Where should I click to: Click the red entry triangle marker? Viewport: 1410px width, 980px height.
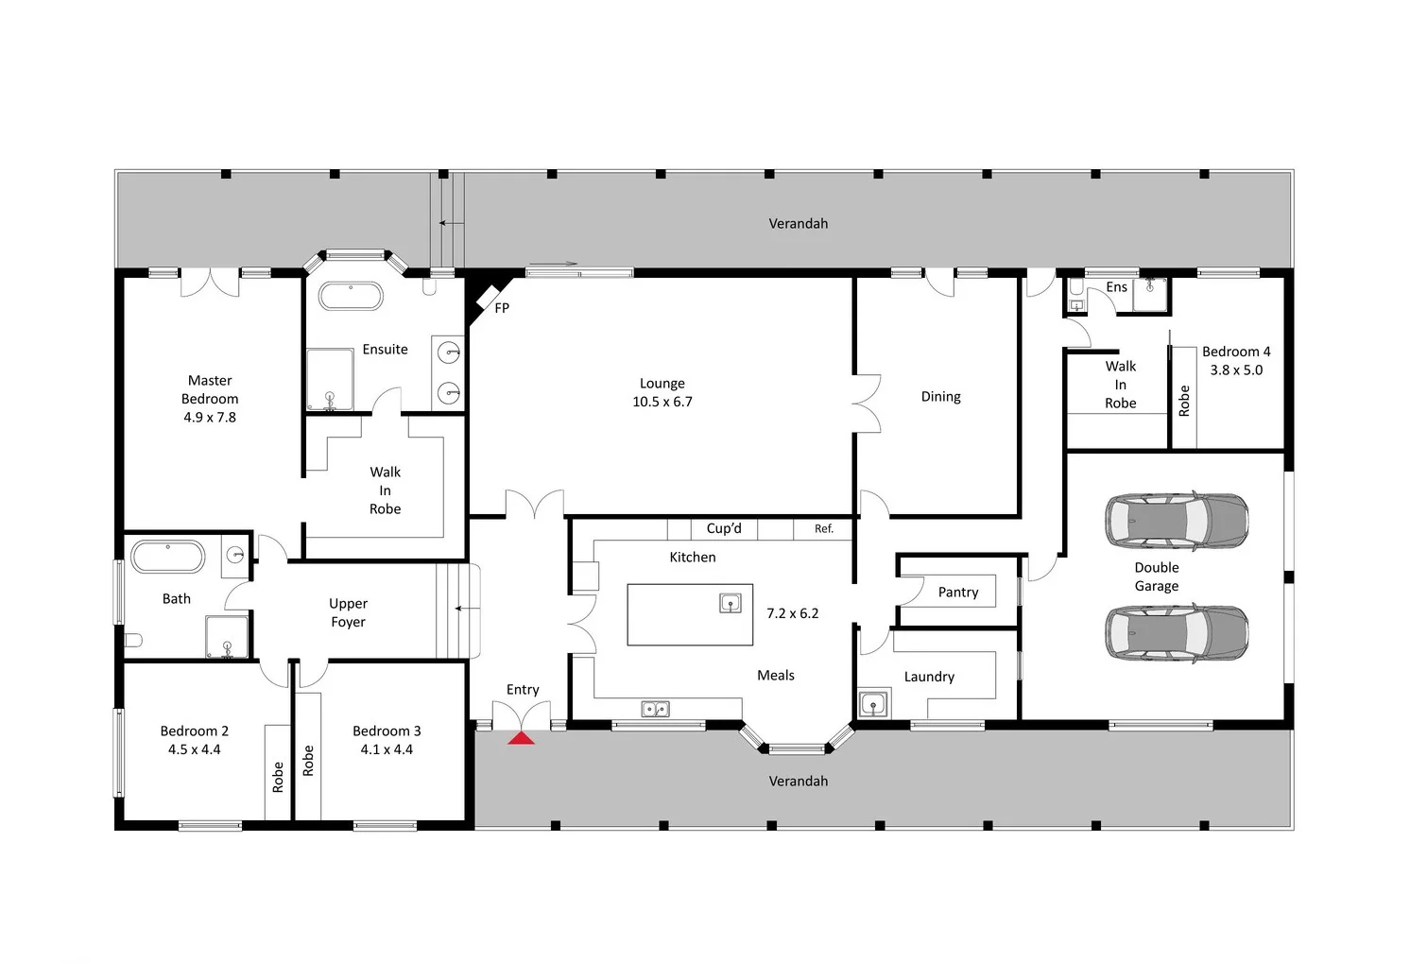(x=521, y=737)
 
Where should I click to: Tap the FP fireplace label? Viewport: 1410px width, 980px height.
(x=502, y=308)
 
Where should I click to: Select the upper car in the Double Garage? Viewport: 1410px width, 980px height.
(x=1177, y=520)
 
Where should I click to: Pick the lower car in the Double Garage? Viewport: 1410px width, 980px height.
(x=1177, y=633)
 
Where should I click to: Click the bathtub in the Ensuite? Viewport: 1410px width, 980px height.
(x=351, y=296)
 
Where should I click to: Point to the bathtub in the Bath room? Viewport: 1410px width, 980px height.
(x=167, y=557)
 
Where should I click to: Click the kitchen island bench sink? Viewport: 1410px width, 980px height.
(x=731, y=603)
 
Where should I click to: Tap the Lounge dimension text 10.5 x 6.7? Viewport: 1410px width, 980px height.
(x=662, y=402)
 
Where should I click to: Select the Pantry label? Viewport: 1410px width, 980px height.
(x=958, y=593)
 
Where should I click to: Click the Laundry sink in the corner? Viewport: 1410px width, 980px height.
(x=874, y=704)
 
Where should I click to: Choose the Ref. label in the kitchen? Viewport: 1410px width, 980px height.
(x=824, y=529)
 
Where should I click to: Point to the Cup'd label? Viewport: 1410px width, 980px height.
(x=724, y=528)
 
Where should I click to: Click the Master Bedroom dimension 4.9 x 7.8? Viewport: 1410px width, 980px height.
(x=210, y=417)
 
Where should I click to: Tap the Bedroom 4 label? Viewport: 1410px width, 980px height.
(x=1236, y=352)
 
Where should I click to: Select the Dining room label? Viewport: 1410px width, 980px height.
(x=940, y=397)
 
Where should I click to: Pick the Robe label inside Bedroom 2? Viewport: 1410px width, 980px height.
(x=278, y=777)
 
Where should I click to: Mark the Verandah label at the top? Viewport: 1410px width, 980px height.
(x=798, y=224)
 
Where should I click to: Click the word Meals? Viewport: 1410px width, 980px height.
(x=776, y=676)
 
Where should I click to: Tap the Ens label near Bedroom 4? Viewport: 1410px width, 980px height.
(x=1116, y=287)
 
